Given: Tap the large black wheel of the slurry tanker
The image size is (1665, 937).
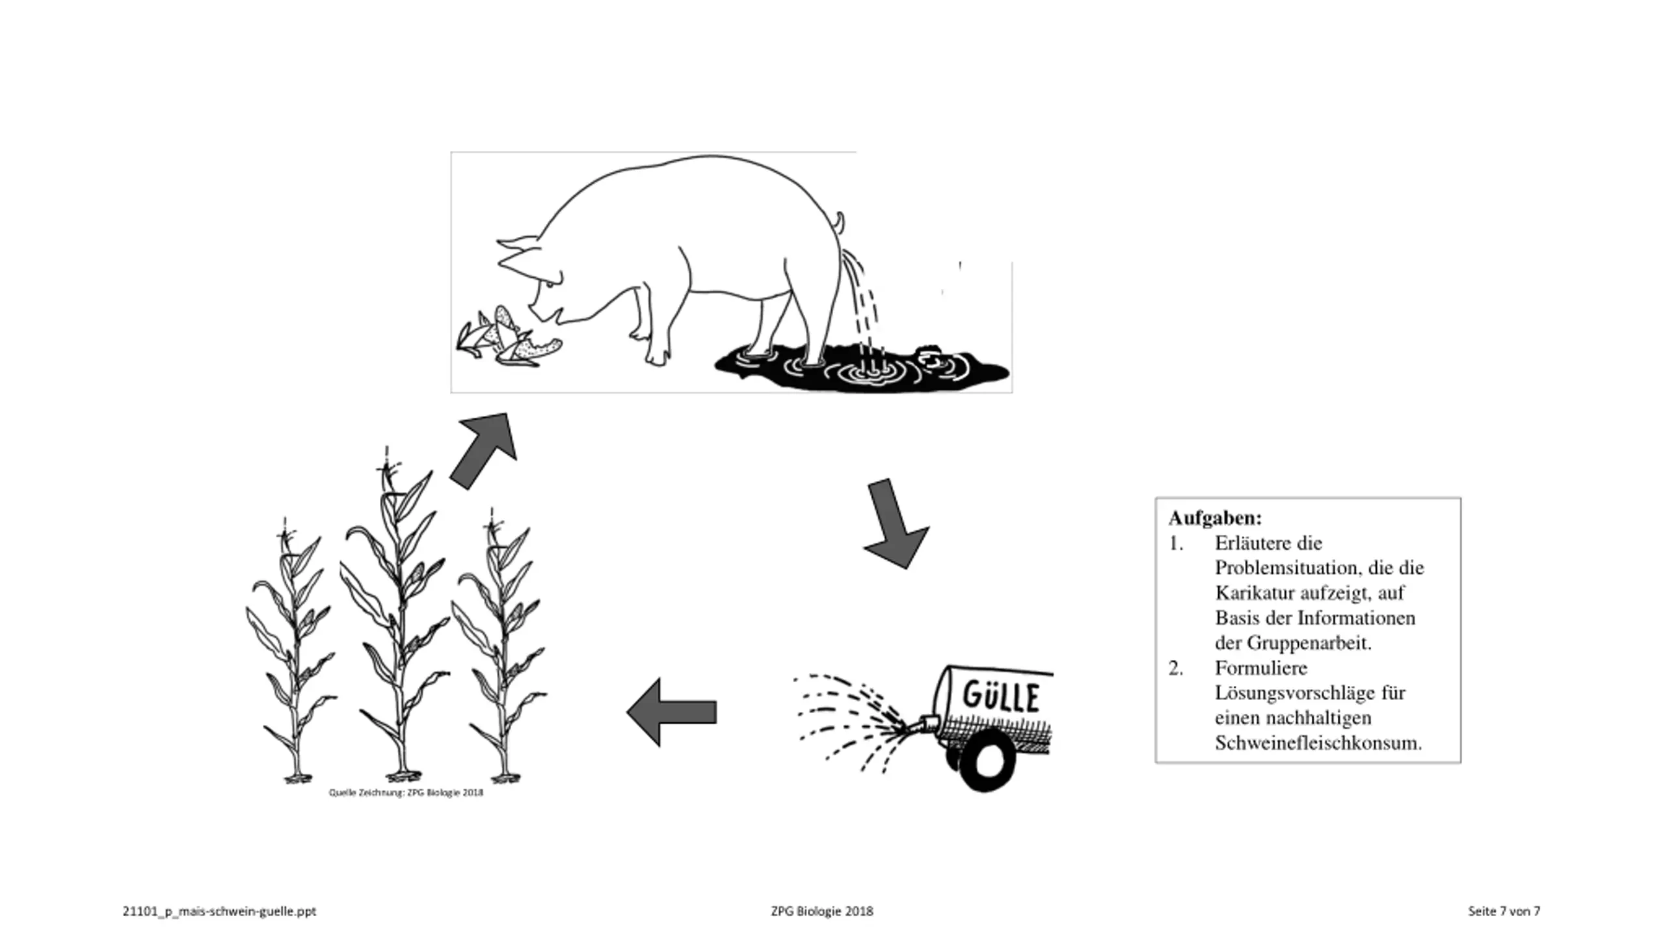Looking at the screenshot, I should pos(987,760).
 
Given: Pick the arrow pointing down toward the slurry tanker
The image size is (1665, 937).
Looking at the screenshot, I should pos(895,524).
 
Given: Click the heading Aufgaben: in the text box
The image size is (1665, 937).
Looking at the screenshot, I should pos(1215,519).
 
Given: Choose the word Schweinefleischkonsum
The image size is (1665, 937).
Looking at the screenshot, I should pos(1318,742).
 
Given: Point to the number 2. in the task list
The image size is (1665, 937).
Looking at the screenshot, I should pos(1176,668).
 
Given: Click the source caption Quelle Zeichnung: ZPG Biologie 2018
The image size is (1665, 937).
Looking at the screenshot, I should pos(406,793).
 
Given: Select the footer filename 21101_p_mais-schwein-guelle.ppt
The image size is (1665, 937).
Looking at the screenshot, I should pos(219,911).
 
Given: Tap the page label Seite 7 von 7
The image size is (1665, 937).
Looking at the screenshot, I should pos(1504,911).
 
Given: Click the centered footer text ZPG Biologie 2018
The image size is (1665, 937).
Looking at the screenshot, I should pos(822,911).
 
